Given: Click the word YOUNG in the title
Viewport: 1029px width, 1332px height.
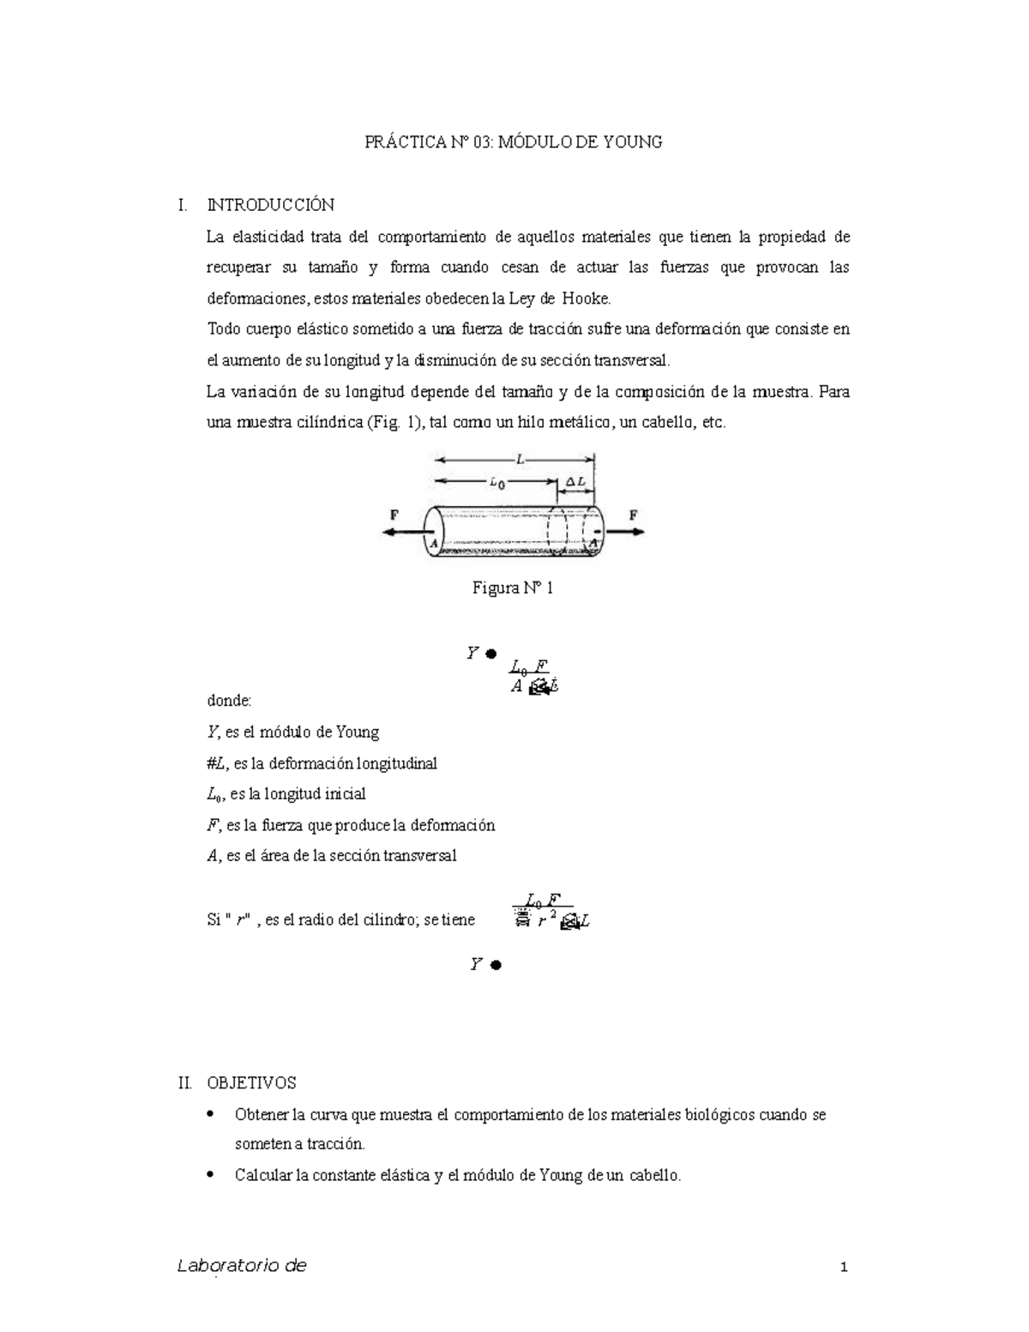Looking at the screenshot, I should (633, 142).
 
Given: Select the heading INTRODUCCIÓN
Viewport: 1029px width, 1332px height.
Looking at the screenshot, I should (270, 206).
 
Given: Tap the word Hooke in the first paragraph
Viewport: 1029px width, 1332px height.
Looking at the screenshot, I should (586, 298).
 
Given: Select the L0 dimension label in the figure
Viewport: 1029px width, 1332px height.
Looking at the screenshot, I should (496, 483).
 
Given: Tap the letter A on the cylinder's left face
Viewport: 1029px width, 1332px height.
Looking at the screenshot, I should (434, 543).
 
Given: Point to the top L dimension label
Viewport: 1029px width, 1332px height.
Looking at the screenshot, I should (519, 460).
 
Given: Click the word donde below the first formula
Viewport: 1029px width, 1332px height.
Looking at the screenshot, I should (229, 701).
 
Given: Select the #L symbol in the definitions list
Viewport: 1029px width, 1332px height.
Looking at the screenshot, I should (217, 762).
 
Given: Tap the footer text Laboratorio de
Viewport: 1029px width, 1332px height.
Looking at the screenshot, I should (241, 1266).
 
